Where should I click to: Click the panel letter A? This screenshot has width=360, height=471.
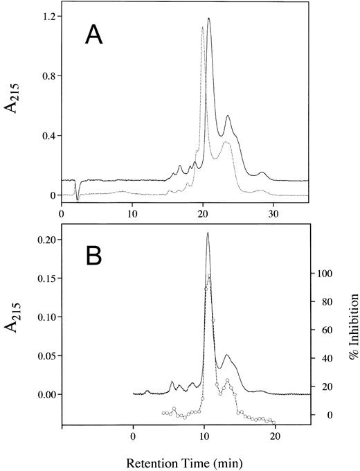tap(93, 34)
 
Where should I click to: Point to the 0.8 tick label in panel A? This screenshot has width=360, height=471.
tap(46, 75)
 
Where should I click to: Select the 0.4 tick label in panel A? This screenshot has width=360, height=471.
tap(46, 136)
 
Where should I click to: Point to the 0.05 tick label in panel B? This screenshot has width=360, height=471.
tap(44, 356)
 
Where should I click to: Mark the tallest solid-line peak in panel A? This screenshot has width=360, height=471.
tap(208, 19)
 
